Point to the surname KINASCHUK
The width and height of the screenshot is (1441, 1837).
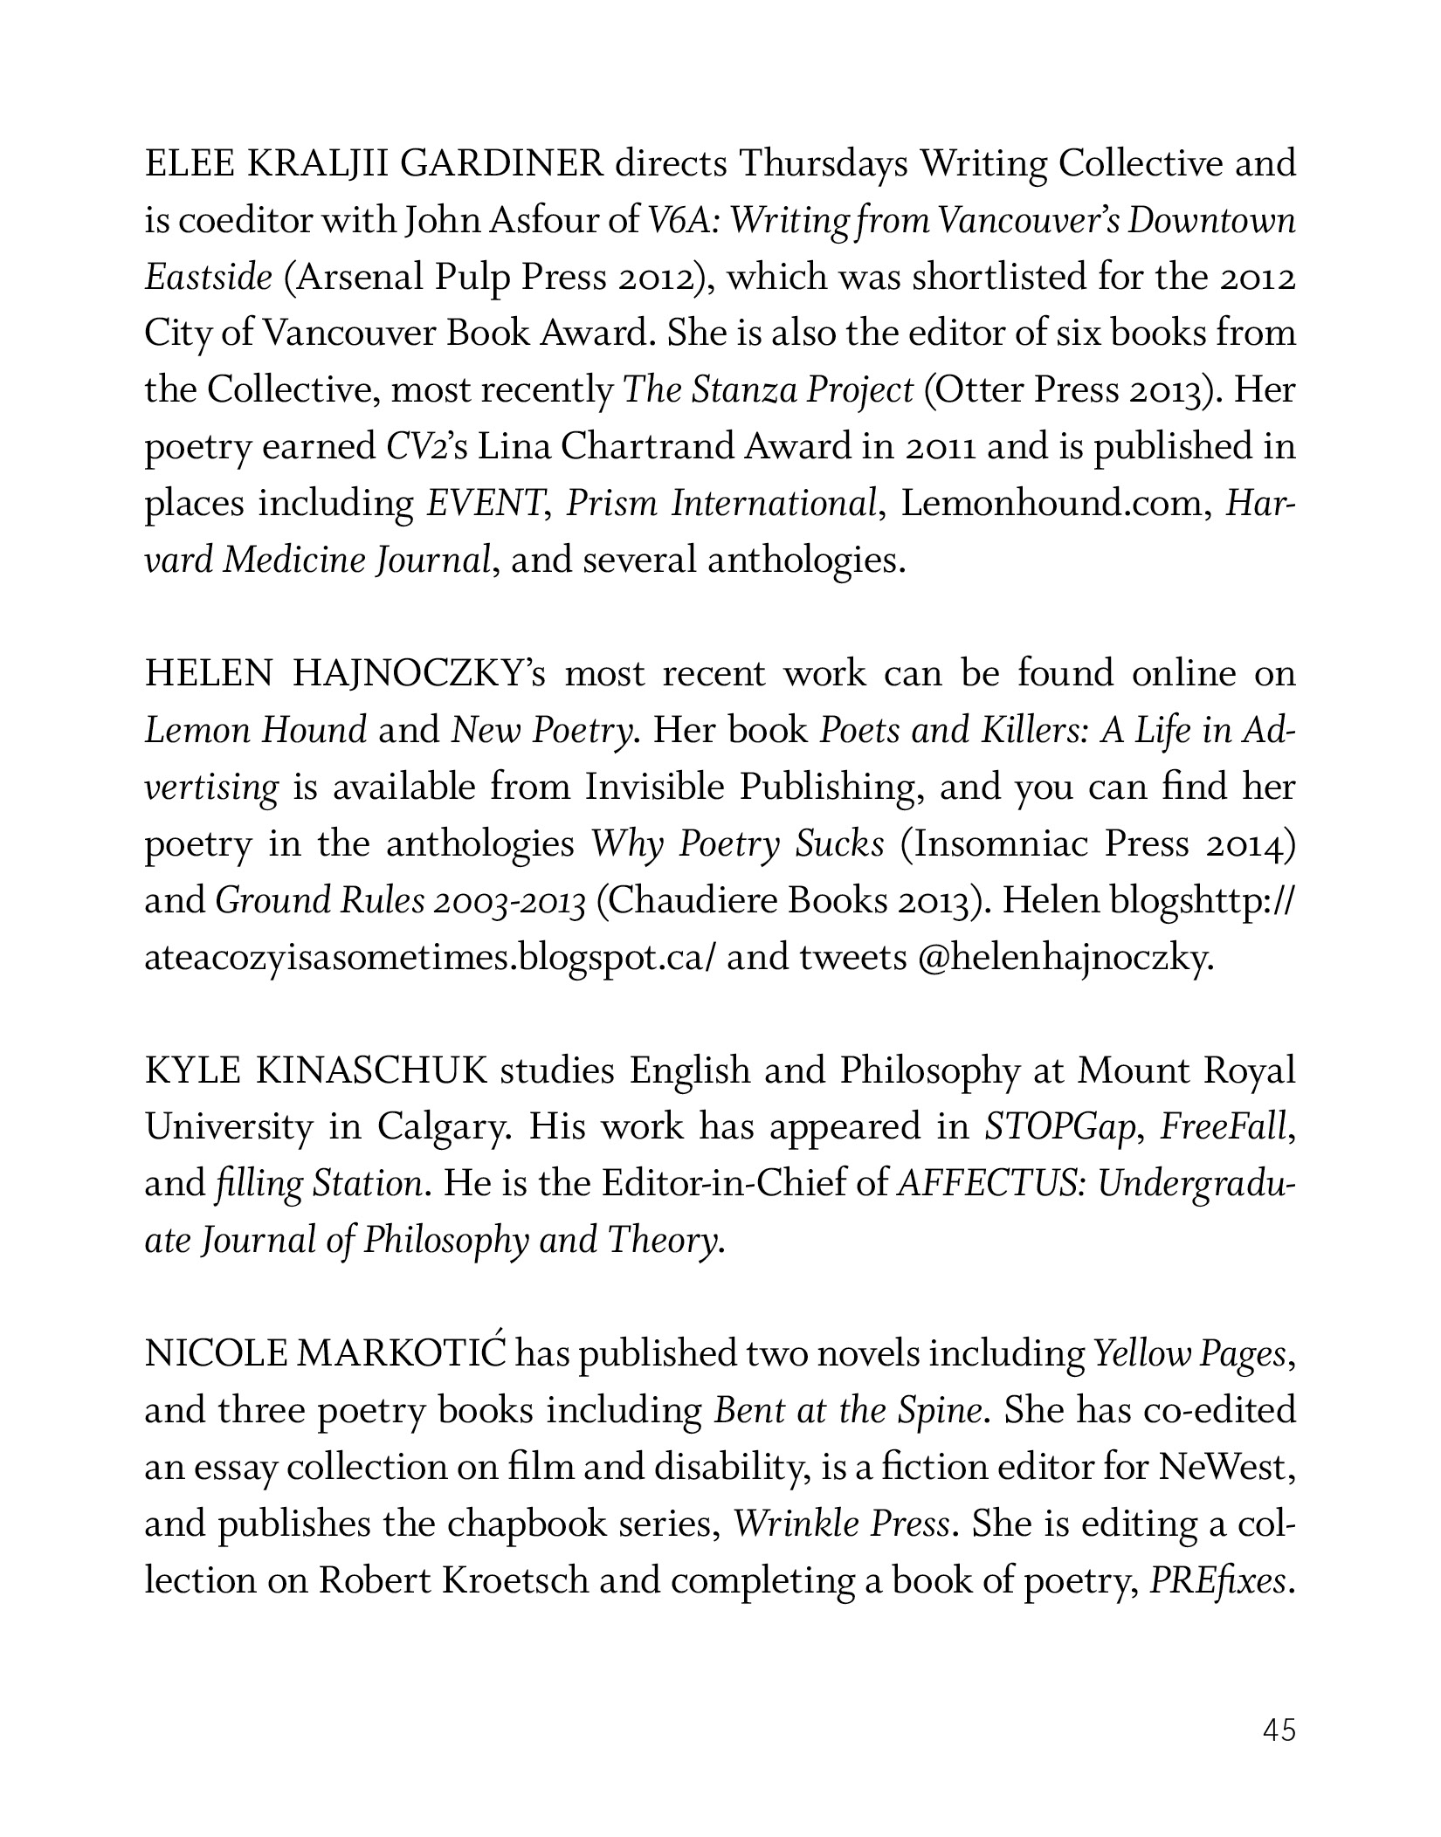click(372, 1070)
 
